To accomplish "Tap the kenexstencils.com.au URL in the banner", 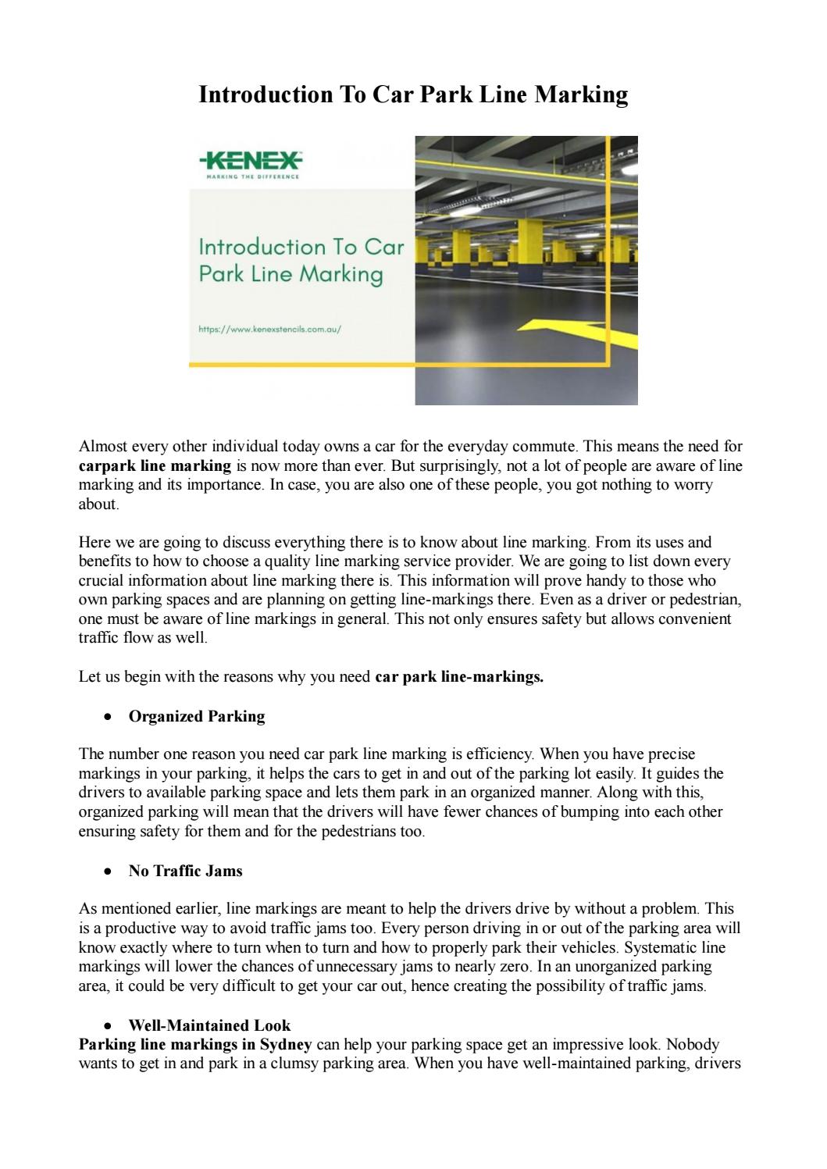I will pos(270,330).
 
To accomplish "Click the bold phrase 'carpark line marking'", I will pos(155,466).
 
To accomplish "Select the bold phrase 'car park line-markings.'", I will pos(459,677).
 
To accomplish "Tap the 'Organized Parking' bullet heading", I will pos(197,716).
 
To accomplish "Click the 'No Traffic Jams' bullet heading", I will pos(185,871).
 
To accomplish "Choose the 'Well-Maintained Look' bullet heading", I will pos(209,1025).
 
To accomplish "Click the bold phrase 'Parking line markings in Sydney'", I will pos(195,1045).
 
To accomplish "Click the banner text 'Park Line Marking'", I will pos(291,275).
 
